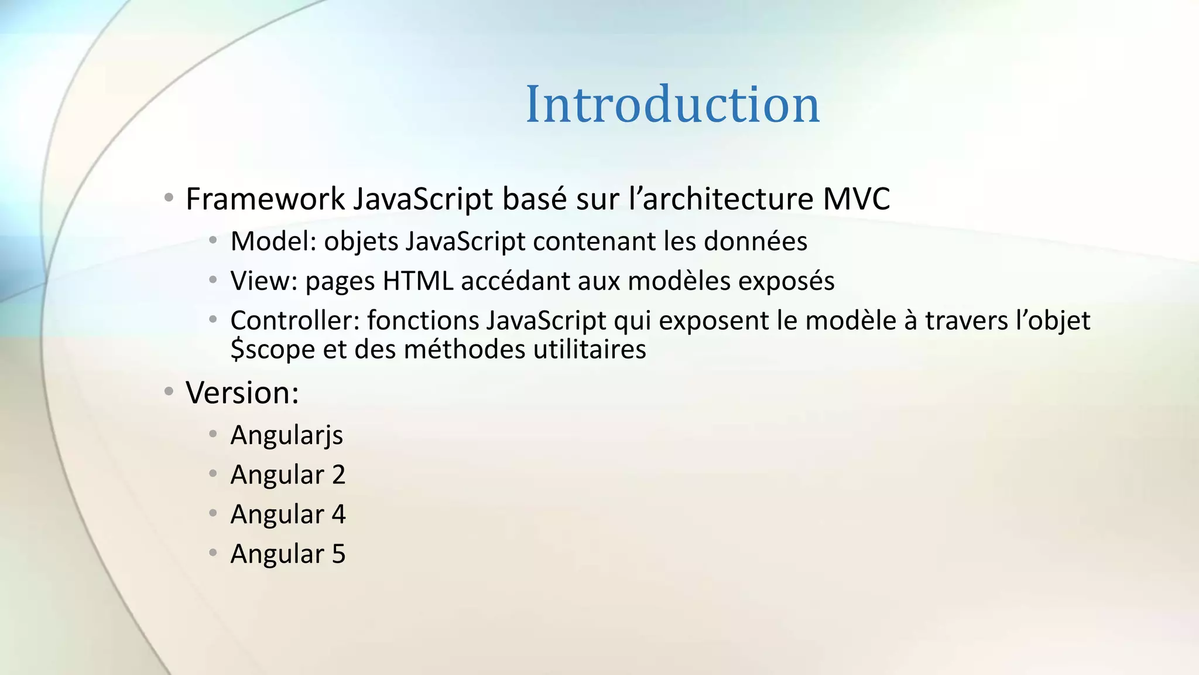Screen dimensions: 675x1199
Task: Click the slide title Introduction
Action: point(672,104)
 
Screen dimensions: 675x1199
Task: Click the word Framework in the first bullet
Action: point(265,199)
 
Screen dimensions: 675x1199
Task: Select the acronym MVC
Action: point(856,199)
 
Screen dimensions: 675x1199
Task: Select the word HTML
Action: point(418,281)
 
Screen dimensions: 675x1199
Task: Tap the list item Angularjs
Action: point(286,435)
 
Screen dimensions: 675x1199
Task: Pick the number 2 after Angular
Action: point(338,475)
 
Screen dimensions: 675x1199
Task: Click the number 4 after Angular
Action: point(338,514)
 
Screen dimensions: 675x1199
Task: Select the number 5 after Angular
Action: point(338,554)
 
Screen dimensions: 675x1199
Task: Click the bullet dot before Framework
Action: point(169,198)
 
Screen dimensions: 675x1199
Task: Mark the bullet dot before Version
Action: point(169,391)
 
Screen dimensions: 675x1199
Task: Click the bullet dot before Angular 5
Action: point(213,552)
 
